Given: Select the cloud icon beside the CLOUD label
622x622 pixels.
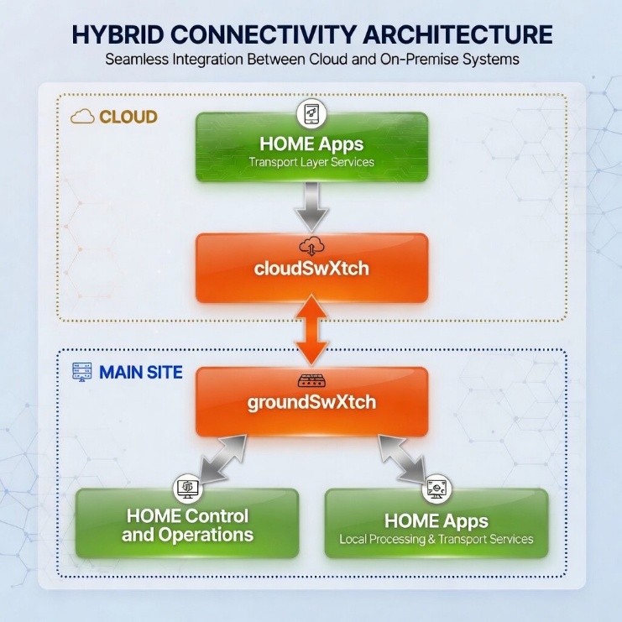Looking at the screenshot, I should (82, 117).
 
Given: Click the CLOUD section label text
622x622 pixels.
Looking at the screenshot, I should (128, 117).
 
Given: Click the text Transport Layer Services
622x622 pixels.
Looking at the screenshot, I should (311, 161).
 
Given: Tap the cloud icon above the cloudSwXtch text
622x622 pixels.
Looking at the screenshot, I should (311, 248).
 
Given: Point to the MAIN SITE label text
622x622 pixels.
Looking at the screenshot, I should (140, 372).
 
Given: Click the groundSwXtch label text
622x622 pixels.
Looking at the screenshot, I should (311, 402).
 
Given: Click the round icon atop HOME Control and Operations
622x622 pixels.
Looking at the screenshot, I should (187, 488).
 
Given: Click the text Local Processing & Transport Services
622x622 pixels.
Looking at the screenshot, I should (436, 538).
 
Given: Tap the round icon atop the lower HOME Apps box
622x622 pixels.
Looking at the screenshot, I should (436, 488).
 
